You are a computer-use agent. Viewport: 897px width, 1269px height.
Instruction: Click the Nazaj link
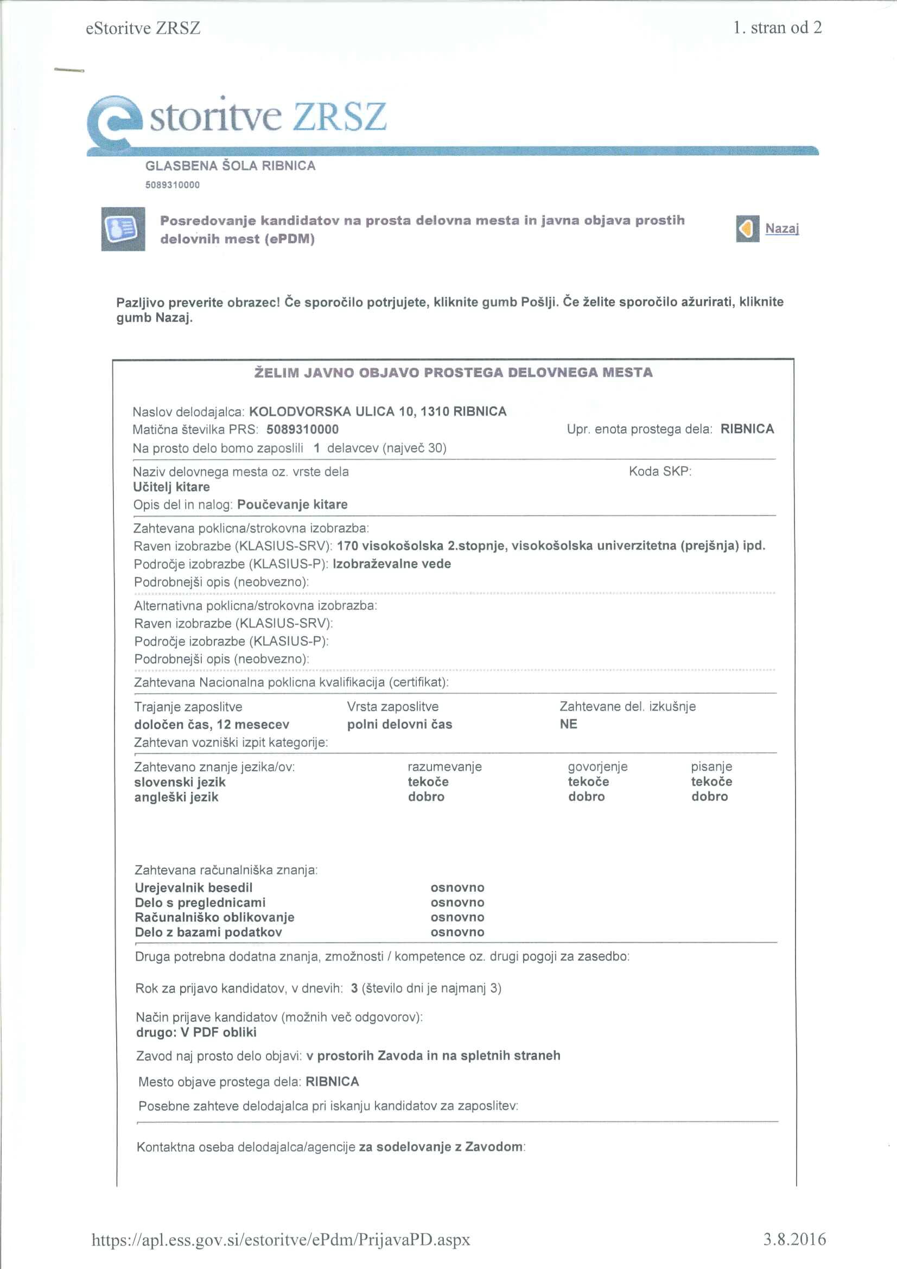click(x=781, y=229)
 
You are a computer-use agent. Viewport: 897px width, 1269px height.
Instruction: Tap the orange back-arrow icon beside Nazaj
click(x=747, y=229)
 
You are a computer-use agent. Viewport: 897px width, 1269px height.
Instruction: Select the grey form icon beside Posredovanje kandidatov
click(x=123, y=229)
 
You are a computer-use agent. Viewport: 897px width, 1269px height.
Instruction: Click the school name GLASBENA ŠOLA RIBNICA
click(x=230, y=166)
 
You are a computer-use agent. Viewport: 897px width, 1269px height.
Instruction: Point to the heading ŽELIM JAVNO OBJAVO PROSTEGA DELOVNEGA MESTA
click(x=453, y=372)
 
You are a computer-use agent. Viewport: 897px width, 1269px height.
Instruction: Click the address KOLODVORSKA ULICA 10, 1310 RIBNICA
click(x=378, y=411)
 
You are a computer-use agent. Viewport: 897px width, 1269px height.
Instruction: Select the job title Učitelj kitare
click(x=171, y=487)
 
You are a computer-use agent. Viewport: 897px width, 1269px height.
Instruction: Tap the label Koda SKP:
click(x=660, y=472)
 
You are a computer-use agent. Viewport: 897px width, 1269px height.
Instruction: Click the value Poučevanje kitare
click(x=292, y=504)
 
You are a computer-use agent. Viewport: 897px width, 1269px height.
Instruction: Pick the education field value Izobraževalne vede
click(x=391, y=564)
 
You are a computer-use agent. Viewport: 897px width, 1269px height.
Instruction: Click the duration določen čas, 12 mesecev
click(x=211, y=724)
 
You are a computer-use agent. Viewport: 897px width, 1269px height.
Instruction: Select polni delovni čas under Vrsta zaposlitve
click(x=399, y=724)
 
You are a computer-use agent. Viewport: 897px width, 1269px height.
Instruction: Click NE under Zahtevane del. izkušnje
click(x=568, y=724)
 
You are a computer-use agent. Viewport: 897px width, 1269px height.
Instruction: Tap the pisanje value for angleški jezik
click(x=709, y=796)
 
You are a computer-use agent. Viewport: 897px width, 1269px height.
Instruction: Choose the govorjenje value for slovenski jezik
click(x=588, y=782)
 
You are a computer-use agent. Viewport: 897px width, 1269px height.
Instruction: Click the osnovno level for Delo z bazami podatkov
click(x=457, y=932)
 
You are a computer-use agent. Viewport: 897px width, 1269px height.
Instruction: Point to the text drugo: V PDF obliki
click(x=196, y=1032)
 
